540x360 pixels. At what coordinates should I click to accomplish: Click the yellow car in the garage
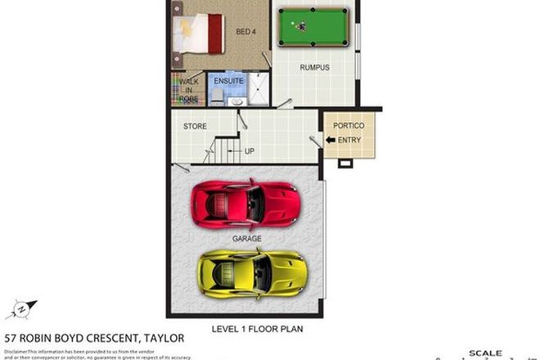[251, 270]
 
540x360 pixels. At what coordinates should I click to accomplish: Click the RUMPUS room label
[314, 68]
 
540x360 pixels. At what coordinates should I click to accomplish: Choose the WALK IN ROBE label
[189, 90]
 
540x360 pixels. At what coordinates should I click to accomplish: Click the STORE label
[195, 127]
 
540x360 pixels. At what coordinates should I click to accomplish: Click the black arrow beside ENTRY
[331, 140]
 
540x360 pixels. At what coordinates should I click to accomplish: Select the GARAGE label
[247, 239]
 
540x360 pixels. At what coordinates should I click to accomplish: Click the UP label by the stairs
[249, 151]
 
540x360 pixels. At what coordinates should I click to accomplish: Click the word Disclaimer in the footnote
[16, 350]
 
